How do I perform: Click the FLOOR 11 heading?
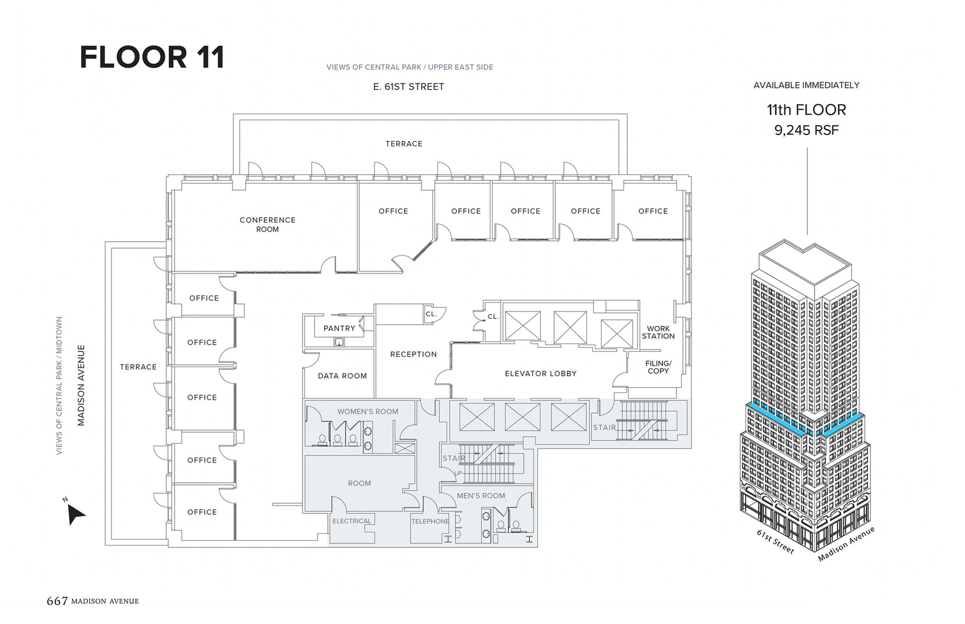click(x=152, y=57)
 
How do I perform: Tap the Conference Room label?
click(x=267, y=225)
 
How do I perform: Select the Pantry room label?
click(x=339, y=328)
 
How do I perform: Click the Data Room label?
click(x=342, y=376)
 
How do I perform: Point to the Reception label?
click(x=413, y=354)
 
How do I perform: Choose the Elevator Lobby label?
click(x=540, y=373)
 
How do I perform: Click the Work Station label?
click(x=658, y=332)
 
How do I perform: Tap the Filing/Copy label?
click(x=658, y=367)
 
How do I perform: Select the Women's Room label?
click(x=368, y=412)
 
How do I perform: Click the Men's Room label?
click(x=481, y=495)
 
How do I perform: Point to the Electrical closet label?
click(x=352, y=521)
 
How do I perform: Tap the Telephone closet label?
click(x=430, y=521)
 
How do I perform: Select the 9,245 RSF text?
click(x=806, y=130)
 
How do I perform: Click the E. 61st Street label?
click(x=408, y=87)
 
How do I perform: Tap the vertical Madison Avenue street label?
click(x=81, y=385)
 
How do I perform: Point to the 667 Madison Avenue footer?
click(x=93, y=601)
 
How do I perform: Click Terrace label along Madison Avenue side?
click(x=138, y=367)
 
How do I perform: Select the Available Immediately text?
click(x=806, y=85)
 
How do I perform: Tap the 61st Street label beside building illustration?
click(x=775, y=542)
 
